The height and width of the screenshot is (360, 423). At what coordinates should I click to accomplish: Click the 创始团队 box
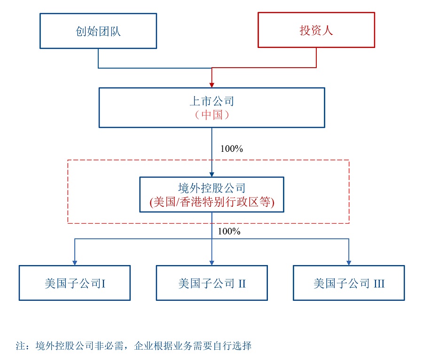(x=98, y=31)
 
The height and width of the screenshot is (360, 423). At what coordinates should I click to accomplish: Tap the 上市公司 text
(x=211, y=101)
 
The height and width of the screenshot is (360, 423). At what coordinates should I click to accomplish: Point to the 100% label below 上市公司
(x=231, y=149)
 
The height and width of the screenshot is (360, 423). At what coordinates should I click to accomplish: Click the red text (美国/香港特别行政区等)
(x=211, y=203)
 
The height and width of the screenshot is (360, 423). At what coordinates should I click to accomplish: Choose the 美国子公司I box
(x=75, y=283)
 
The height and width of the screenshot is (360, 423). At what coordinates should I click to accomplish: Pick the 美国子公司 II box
(x=211, y=283)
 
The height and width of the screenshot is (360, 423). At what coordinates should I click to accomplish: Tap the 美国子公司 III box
(x=349, y=283)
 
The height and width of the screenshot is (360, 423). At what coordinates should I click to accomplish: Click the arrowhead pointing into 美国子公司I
(x=75, y=262)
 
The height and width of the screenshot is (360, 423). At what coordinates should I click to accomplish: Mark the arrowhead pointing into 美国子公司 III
(x=349, y=262)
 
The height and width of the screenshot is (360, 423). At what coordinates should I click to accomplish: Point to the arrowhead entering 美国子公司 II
(x=211, y=262)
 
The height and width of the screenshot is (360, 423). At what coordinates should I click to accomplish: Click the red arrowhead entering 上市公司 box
(x=211, y=85)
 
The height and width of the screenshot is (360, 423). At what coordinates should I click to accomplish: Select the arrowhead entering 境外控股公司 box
(x=211, y=174)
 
